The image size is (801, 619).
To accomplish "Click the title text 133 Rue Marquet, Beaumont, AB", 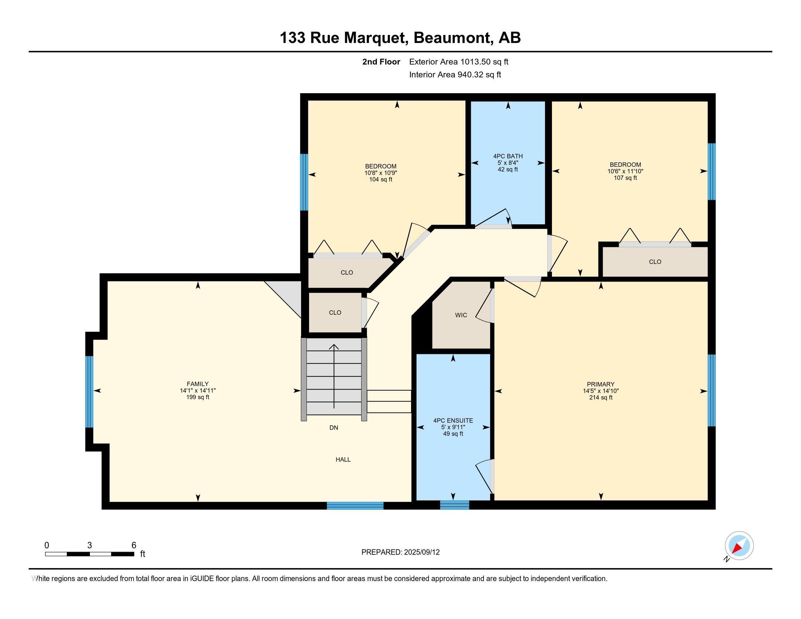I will (400, 38).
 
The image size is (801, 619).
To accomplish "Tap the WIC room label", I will (461, 315).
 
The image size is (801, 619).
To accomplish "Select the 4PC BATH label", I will (508, 156).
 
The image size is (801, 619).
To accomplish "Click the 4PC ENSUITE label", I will (453, 421).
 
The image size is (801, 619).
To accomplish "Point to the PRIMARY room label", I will (600, 384).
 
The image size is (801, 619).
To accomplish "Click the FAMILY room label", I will (197, 384).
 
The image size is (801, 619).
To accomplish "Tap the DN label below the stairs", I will (334, 427).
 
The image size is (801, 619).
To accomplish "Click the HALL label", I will (343, 460).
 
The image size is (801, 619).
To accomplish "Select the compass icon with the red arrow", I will (739, 546).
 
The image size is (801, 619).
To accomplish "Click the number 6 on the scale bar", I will (134, 545).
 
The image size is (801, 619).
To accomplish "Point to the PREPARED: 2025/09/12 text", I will (400, 552).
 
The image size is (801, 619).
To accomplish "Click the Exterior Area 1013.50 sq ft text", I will (458, 62).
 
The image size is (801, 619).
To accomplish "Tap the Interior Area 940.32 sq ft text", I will (455, 75).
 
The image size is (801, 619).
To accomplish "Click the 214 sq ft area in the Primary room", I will (600, 398).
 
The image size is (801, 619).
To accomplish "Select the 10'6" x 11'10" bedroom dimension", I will (625, 171).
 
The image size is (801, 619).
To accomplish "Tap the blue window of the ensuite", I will (454, 505).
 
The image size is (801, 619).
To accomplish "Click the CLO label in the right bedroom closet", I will (655, 262).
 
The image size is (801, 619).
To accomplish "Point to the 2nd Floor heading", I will (381, 62).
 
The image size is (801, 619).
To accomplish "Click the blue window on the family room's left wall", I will (89, 392).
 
